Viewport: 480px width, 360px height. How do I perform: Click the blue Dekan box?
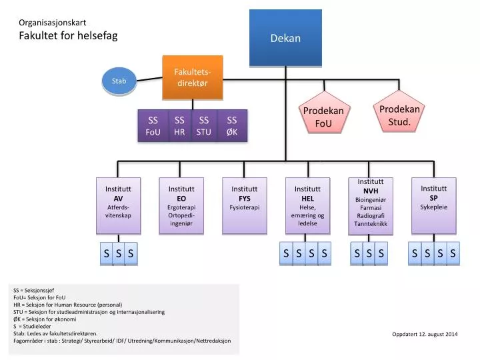point(285,38)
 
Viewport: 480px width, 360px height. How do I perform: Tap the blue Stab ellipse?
point(119,81)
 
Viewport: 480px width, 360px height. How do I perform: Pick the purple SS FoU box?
point(153,126)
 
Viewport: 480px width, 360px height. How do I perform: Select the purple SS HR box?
point(179,126)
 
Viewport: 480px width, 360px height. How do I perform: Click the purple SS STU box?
point(204,126)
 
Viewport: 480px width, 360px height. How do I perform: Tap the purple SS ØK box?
point(232,126)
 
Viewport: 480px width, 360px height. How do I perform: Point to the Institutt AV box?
point(119,205)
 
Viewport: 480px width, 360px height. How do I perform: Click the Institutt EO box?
point(181,205)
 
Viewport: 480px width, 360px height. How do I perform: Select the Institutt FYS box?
point(245,205)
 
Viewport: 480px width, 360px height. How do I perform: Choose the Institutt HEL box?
point(307,205)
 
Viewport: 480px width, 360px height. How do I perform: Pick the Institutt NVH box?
point(371,205)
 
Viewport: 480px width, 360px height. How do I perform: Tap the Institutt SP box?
point(434,205)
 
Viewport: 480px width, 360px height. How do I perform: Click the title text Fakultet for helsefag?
point(68,36)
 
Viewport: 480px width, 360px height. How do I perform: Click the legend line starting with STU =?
point(89,311)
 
